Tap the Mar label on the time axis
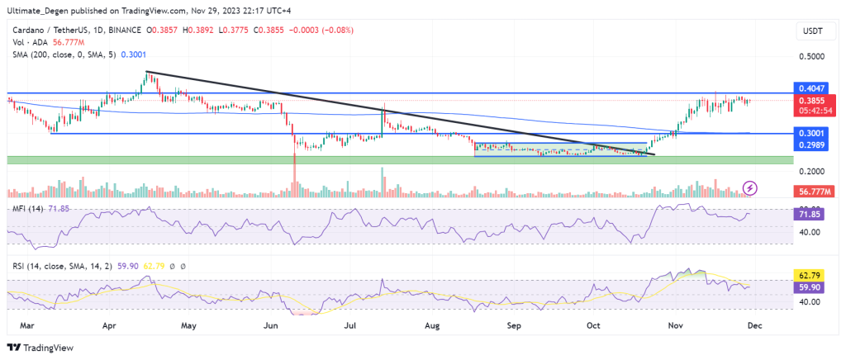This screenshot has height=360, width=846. point(26,326)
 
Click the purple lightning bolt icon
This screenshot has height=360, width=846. point(750,188)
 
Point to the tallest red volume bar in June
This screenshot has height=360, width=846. point(294,178)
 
